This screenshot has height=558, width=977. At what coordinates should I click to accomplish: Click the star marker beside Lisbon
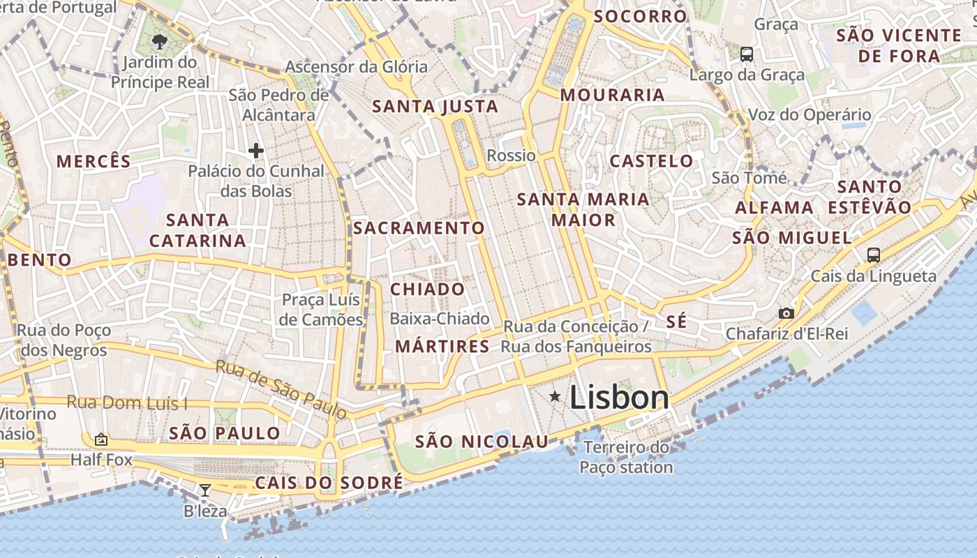(x=555, y=397)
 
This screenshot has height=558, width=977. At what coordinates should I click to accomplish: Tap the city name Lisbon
(x=620, y=398)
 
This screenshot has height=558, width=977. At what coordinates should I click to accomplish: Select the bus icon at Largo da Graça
(x=746, y=54)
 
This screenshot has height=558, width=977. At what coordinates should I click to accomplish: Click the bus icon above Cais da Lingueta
(x=873, y=255)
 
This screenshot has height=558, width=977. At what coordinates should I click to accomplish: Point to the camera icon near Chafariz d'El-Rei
(x=786, y=313)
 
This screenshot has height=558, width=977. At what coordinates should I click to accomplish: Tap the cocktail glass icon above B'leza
(x=204, y=490)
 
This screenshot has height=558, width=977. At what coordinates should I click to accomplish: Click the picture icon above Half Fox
(x=101, y=439)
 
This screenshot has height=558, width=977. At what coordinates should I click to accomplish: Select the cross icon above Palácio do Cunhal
(x=256, y=150)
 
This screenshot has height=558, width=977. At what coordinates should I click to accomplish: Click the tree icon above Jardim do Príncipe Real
(x=160, y=41)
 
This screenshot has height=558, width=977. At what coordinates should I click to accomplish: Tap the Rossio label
(x=511, y=156)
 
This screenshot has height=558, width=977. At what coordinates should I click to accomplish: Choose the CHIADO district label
(x=427, y=289)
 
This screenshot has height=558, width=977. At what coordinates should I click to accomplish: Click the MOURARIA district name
(x=612, y=95)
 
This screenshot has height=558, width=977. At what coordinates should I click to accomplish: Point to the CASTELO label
(x=652, y=161)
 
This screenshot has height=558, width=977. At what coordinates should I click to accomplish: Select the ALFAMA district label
(x=774, y=207)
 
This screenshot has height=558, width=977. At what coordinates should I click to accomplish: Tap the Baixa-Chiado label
(x=440, y=319)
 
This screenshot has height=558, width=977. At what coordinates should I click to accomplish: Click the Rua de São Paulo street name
(x=281, y=389)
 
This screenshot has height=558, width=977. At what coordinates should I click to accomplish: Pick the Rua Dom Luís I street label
(x=127, y=402)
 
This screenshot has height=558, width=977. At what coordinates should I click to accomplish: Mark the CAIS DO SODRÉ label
(x=329, y=483)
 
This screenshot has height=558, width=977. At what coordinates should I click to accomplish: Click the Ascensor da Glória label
(x=356, y=67)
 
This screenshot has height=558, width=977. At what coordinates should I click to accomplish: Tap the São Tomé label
(x=749, y=178)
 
